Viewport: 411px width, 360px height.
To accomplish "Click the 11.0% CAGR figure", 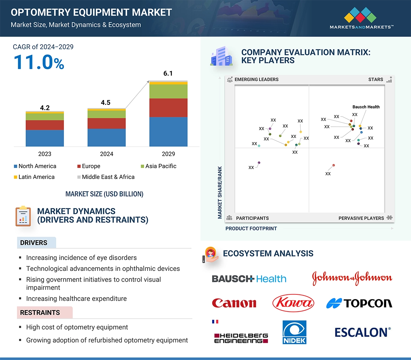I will [x=39, y=62].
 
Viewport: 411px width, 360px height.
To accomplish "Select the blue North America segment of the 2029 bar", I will [x=168, y=132].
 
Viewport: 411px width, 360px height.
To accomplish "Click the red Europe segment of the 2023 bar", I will [x=45, y=125].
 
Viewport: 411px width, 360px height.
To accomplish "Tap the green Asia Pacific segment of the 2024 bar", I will [x=106, y=114].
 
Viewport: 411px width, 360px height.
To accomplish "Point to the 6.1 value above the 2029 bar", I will [x=168, y=73].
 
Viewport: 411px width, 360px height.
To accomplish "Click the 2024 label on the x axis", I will [x=106, y=154].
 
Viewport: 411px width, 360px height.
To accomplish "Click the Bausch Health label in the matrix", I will [x=366, y=107].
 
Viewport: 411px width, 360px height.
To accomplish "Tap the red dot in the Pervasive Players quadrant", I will [x=333, y=165].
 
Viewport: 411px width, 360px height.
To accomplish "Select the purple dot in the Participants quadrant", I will [x=259, y=163].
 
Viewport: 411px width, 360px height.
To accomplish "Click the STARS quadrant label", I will [x=376, y=80].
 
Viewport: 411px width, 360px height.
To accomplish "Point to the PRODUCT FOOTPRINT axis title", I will [x=251, y=228].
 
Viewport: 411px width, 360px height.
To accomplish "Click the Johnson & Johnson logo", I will [x=352, y=278].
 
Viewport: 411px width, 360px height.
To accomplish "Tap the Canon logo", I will [x=234, y=303].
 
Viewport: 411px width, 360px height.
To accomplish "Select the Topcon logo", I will [x=359, y=303].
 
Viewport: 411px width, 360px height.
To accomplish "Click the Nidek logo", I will [x=294, y=332].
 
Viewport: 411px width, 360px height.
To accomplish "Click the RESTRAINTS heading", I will [x=40, y=313].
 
